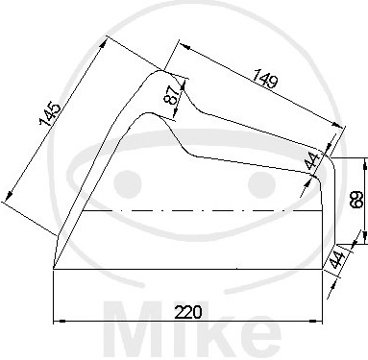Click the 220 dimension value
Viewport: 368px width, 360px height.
(188, 312)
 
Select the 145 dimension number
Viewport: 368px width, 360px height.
(49, 114)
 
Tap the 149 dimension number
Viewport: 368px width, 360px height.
(264, 78)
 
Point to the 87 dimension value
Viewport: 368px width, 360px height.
(172, 95)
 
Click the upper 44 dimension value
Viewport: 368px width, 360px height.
(312, 161)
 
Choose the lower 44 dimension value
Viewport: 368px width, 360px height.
(337, 260)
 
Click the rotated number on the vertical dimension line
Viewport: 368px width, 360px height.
(356, 200)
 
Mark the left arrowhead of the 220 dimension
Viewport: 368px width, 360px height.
(60, 321)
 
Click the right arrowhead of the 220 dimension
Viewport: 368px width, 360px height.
(315, 321)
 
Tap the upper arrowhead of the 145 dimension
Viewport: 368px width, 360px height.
(103, 44)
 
